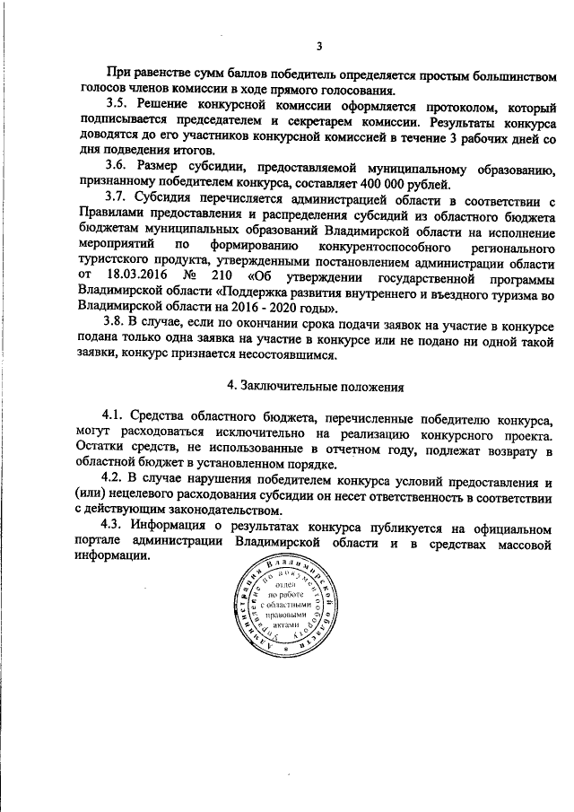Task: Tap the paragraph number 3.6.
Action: pyautogui.click(x=116, y=168)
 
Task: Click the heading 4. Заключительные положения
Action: pyautogui.click(x=316, y=387)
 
